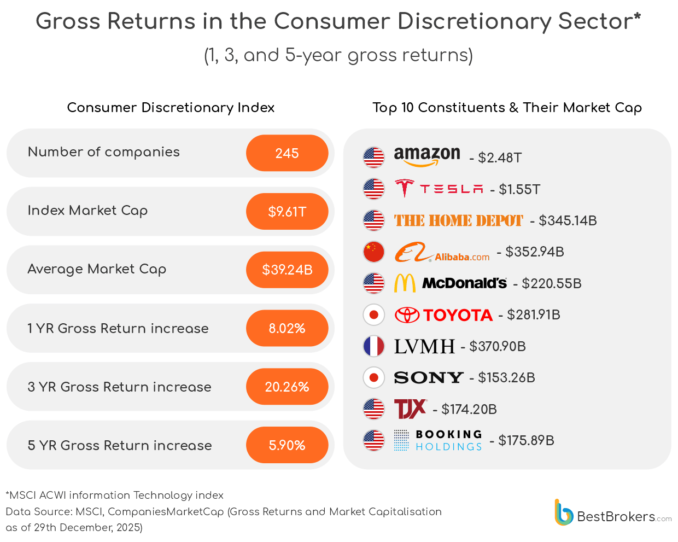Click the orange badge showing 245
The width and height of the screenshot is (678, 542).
[287, 153]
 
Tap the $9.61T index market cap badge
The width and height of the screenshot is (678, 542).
[287, 212]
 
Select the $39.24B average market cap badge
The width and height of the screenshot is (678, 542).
[287, 270]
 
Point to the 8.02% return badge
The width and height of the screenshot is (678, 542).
[287, 328]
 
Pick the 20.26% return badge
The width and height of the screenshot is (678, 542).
[287, 387]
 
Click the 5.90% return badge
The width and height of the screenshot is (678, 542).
[287, 445]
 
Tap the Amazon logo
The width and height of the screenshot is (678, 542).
[427, 156]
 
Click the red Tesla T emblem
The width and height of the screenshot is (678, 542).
[404, 188]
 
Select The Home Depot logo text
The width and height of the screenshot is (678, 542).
[458, 220]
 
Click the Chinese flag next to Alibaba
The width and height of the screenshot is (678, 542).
[374, 252]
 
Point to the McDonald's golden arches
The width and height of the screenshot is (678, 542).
[405, 283]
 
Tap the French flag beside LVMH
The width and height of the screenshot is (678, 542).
[374, 346]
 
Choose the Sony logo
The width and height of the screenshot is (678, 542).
[429, 377]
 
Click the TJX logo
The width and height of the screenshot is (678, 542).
[410, 409]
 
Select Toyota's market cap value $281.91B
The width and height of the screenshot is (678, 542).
[533, 315]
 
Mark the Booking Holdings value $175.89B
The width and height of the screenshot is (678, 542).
[526, 441]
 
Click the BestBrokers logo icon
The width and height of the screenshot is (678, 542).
[563, 513]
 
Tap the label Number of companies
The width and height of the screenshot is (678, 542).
[103, 152]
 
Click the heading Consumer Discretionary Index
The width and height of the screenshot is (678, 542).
[171, 108]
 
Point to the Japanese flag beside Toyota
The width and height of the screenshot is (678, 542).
[374, 315]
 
